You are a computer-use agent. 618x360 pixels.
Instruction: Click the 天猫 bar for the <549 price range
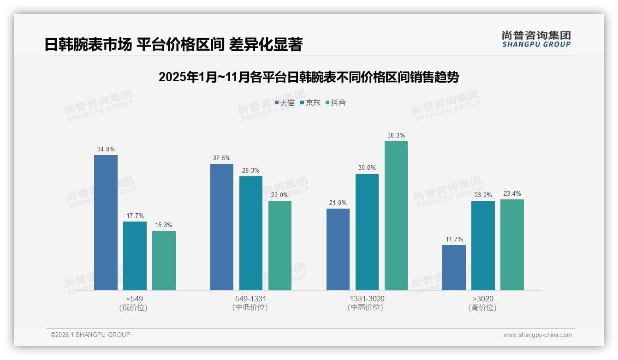(106, 222)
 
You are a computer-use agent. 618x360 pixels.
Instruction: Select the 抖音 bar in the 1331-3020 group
(396, 216)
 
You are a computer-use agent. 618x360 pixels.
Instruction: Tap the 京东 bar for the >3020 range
(483, 246)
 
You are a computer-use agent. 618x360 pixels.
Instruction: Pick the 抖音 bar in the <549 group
(164, 261)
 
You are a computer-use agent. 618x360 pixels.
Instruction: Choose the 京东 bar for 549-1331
(250, 233)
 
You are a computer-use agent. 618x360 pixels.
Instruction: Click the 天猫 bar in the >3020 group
(454, 268)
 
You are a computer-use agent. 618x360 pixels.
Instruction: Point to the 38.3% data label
(396, 136)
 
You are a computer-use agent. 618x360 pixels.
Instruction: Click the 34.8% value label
(106, 150)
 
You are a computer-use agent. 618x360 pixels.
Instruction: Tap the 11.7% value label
(454, 240)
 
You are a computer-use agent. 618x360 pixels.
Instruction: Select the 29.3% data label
(250, 171)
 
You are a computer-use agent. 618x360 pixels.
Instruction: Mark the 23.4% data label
(512, 194)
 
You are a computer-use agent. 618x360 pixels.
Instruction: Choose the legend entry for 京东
(310, 103)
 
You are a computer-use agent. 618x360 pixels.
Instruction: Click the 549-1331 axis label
(250, 299)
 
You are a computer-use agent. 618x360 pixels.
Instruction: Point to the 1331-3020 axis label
(367, 299)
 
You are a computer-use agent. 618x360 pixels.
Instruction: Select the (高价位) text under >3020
(482, 308)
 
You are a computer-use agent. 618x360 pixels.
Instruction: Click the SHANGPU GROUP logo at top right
(536, 39)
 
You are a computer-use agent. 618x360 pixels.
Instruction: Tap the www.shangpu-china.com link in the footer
(537, 335)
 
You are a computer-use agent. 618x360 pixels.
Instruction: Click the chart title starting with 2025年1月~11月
(309, 77)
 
